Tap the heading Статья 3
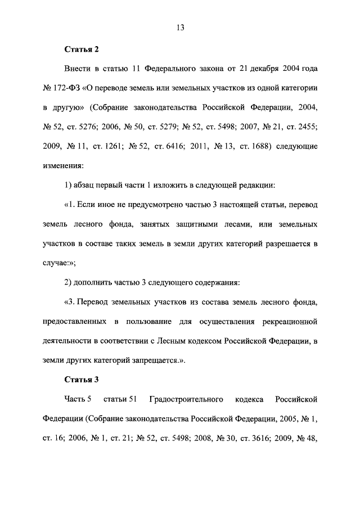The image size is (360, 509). point(82,379)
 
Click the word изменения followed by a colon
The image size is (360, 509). point(63,166)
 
